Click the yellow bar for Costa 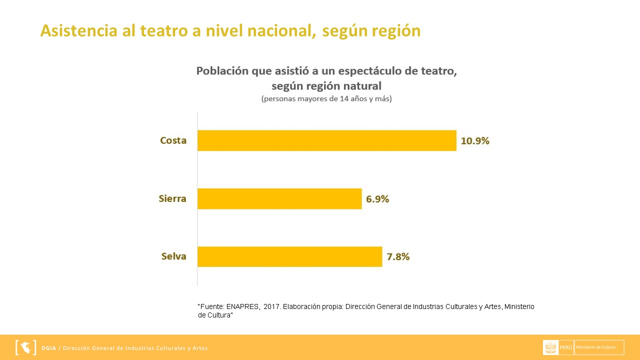(326, 140)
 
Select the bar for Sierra (279, 198)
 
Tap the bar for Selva (289, 256)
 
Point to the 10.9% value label (475, 140)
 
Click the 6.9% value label (377, 199)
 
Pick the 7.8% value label (398, 257)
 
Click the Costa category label (173, 140)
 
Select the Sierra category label (172, 198)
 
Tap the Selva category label (173, 256)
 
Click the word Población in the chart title (222, 71)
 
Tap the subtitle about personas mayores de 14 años (326, 98)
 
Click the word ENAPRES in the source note (242, 306)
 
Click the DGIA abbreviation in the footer (49, 348)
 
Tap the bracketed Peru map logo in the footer (26, 347)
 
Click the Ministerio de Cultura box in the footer (599, 347)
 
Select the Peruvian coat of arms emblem (550, 347)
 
